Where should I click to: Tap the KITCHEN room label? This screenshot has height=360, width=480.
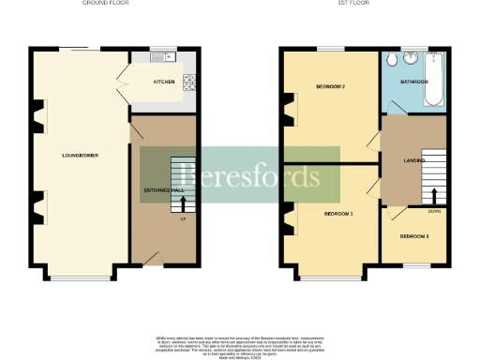[164, 82]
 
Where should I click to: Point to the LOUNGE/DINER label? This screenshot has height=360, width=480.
[80, 155]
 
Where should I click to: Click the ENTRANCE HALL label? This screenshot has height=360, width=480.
[161, 191]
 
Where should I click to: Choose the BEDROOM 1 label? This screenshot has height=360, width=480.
[338, 214]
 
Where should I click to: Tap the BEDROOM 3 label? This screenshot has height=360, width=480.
[413, 235]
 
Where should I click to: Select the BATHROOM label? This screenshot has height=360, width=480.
[414, 82]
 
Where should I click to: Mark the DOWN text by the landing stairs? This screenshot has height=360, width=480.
[434, 211]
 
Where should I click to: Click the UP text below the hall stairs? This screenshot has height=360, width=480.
[183, 219]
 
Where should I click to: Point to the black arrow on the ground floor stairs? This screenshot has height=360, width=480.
[183, 203]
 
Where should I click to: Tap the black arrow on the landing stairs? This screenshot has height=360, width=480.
[434, 196]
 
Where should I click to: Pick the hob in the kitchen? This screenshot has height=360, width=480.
[188, 82]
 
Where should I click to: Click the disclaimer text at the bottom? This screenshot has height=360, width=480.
[239, 343]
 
